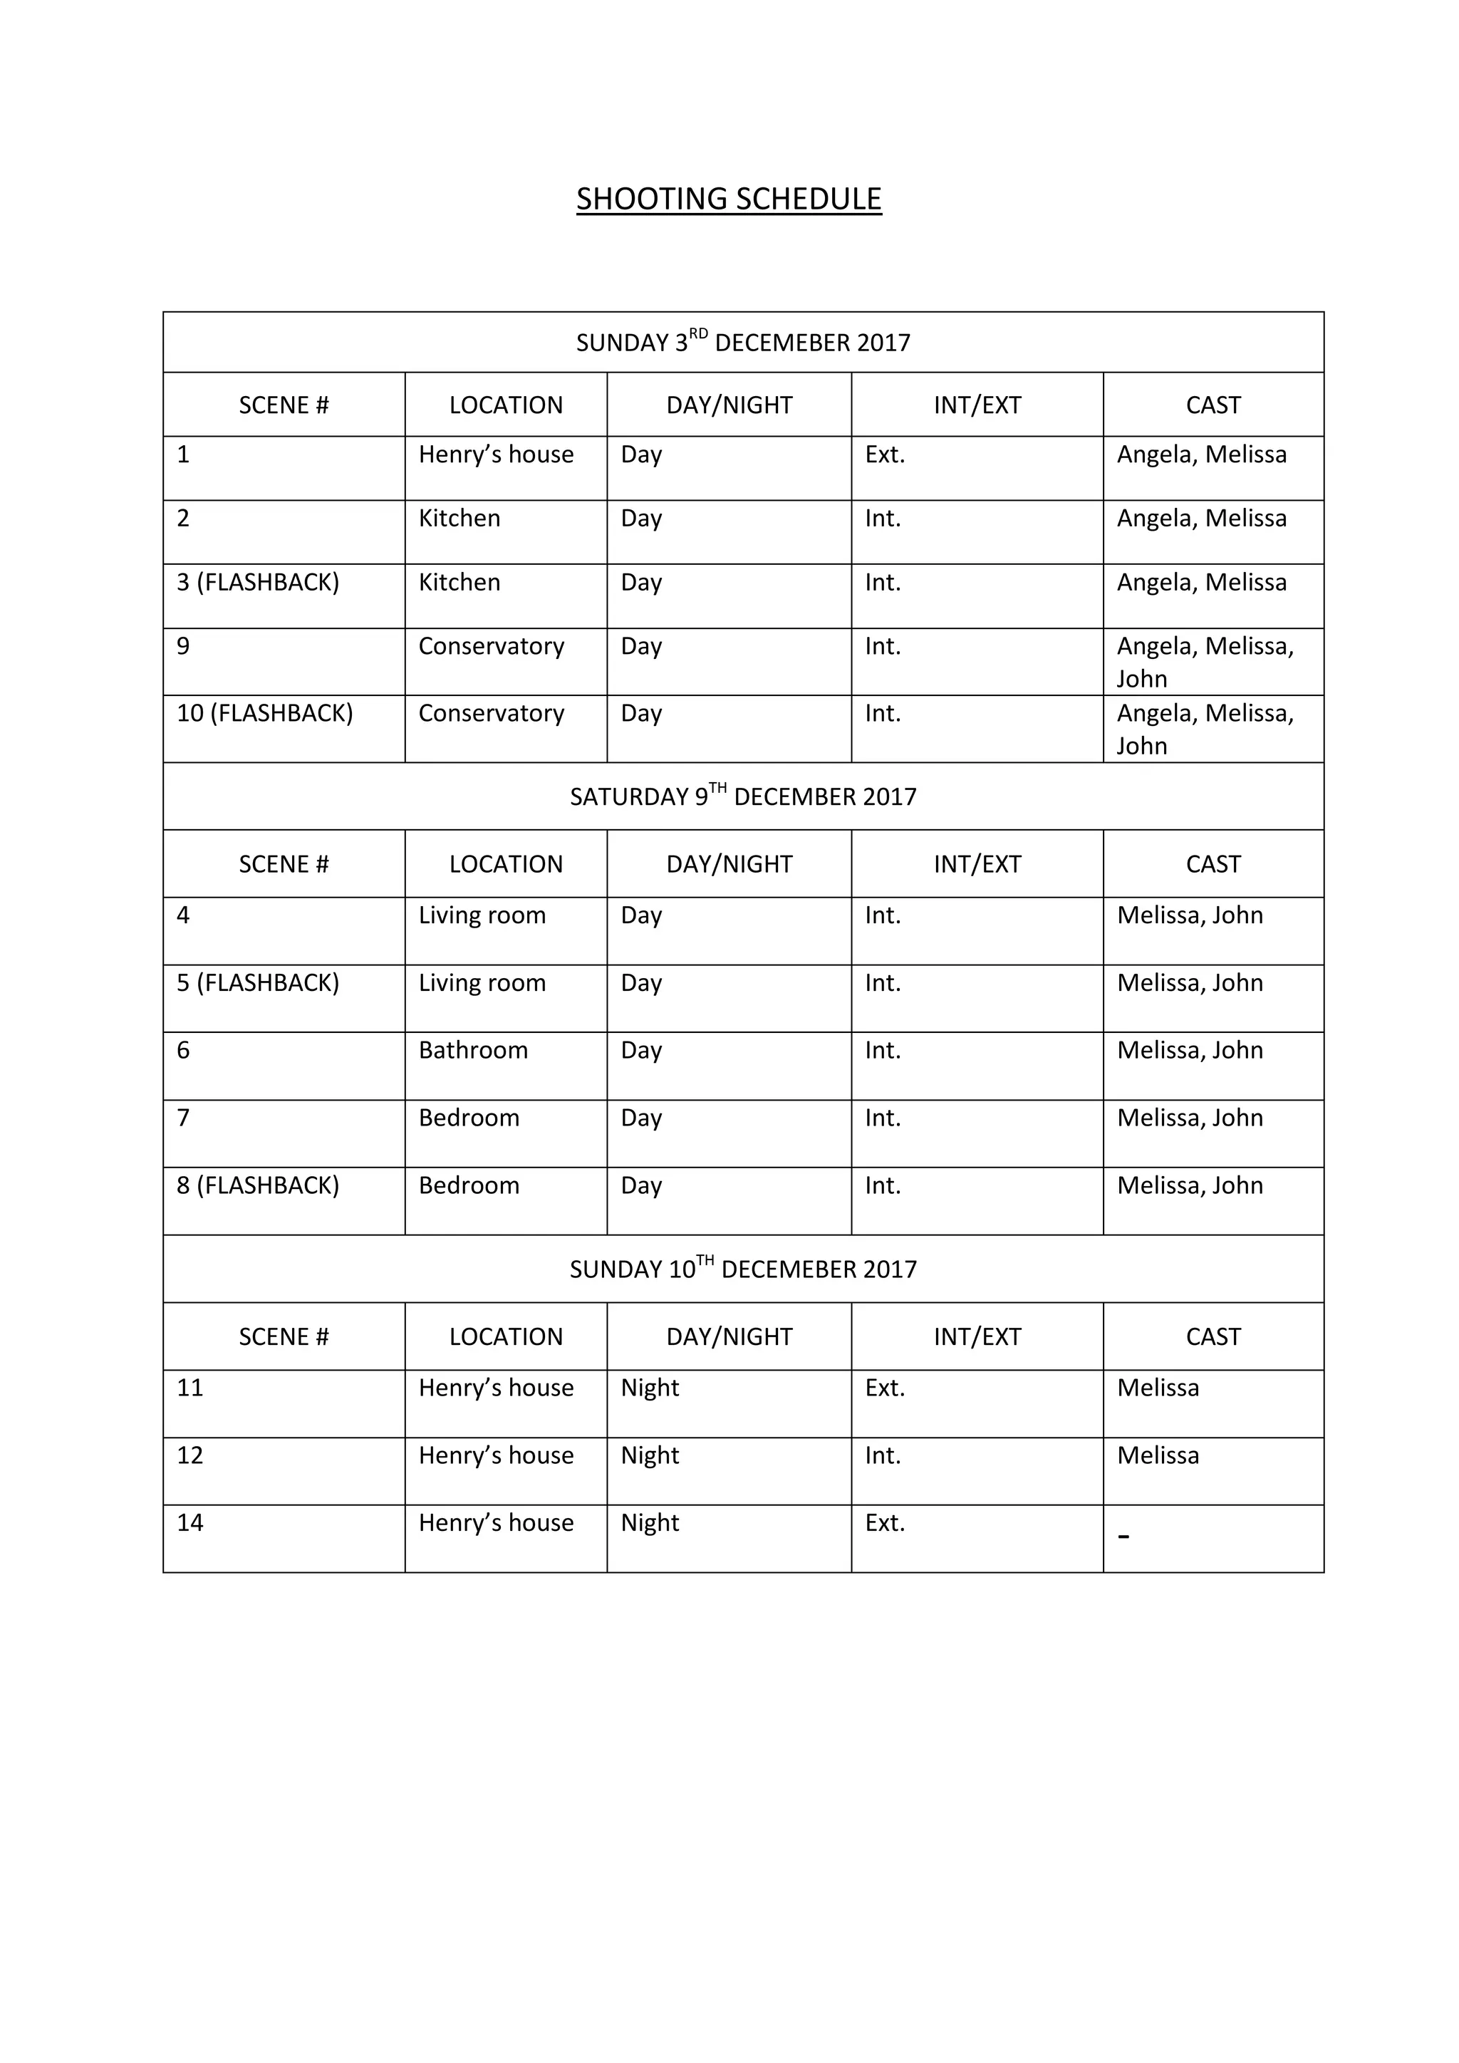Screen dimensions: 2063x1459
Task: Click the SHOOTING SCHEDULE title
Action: (729, 199)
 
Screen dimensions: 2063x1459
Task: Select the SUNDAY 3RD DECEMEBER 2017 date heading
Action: (743, 343)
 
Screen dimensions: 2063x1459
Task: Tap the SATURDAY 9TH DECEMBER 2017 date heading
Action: (743, 796)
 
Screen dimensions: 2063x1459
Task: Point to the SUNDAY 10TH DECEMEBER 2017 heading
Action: (743, 1268)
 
